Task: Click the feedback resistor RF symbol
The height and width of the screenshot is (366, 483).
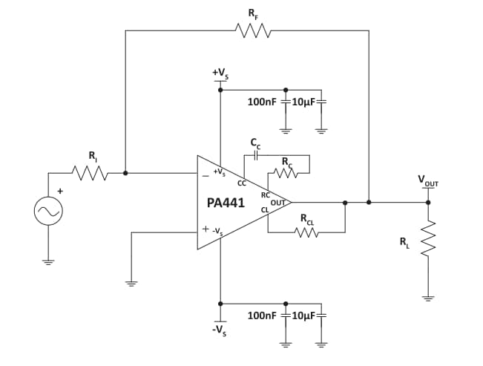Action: tap(252, 30)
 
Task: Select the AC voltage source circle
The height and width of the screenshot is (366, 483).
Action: tap(48, 212)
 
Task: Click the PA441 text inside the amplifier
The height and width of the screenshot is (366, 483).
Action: tap(227, 203)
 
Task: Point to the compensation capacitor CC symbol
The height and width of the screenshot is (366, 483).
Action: tap(255, 156)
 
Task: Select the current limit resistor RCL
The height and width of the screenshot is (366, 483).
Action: tap(306, 232)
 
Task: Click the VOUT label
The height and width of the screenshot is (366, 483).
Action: tap(427, 180)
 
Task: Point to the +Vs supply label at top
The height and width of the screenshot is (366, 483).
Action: tap(220, 73)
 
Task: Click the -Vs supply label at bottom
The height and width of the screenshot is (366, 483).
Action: tap(220, 329)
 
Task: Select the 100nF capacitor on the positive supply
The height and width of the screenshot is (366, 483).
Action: tap(286, 102)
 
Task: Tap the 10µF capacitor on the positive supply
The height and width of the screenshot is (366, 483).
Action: tap(321, 102)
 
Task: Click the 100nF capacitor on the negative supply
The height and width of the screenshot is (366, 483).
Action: tap(286, 316)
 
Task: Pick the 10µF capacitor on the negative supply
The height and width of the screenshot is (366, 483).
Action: tap(321, 316)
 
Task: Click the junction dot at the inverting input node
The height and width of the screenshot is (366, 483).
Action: tap(125, 173)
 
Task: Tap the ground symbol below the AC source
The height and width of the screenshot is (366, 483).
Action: tap(48, 261)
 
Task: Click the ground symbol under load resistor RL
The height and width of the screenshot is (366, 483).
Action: tap(428, 298)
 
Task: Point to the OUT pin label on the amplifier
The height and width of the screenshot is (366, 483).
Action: tap(277, 201)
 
